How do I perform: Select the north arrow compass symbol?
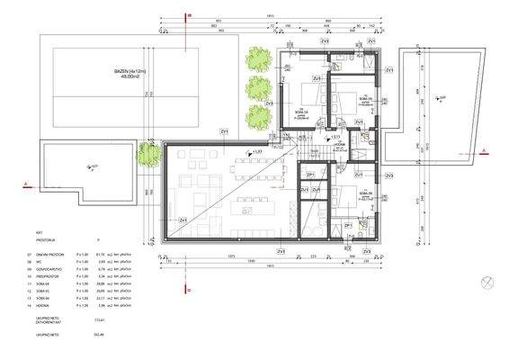pos(487,281)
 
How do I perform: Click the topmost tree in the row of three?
pos(259,58)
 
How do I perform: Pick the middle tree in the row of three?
pos(259,88)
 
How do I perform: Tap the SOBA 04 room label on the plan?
pos(299,110)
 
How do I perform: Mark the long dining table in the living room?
pos(243,166)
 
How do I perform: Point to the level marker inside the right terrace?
pos(435,95)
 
